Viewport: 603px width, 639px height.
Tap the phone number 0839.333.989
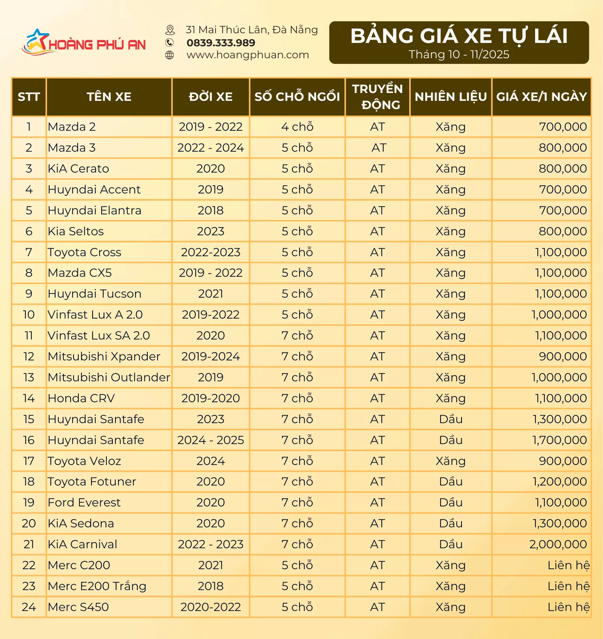(221, 43)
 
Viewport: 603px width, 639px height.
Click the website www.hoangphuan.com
(248, 55)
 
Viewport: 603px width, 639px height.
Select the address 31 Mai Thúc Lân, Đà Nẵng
(252, 30)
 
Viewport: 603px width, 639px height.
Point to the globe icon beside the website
(170, 55)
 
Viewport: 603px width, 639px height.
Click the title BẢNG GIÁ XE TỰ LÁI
(459, 36)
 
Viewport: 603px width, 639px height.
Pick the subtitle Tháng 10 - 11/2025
(459, 55)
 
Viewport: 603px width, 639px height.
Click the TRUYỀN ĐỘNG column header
(377, 97)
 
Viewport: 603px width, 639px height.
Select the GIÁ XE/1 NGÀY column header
(541, 97)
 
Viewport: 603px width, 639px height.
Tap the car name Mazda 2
(72, 127)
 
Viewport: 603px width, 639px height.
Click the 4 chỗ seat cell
(297, 127)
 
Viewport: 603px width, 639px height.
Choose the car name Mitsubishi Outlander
(109, 378)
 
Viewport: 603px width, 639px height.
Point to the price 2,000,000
(558, 545)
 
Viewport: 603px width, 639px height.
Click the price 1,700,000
(559, 440)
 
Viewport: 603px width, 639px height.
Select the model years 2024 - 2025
(211, 440)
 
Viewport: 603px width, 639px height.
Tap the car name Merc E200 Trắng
(97, 586)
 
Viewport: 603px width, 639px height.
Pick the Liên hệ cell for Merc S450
(568, 607)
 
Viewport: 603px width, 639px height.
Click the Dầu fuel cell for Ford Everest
(451, 503)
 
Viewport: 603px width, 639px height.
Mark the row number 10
(29, 315)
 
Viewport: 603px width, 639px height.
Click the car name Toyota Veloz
(84, 461)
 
